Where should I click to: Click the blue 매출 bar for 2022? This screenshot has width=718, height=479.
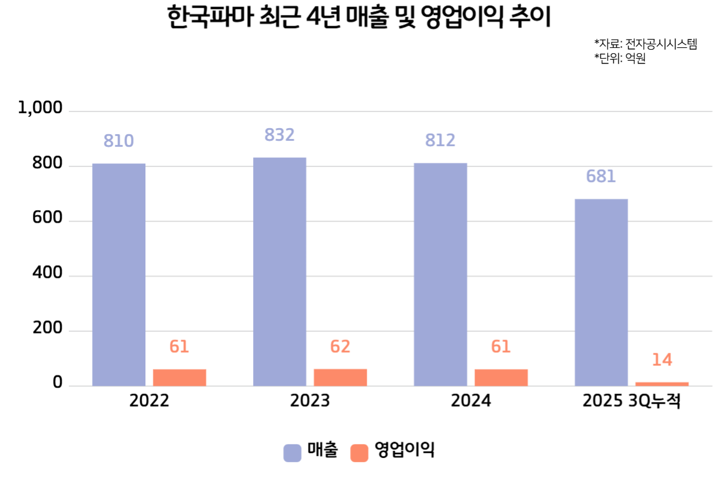(x=119, y=275)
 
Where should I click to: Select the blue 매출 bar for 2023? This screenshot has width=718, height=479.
(x=279, y=272)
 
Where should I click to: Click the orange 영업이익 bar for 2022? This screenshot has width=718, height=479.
(x=180, y=378)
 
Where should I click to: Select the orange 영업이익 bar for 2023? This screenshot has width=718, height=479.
(x=340, y=377)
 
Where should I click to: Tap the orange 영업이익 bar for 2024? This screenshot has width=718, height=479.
(x=501, y=378)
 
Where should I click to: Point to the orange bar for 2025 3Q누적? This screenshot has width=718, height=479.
(x=662, y=384)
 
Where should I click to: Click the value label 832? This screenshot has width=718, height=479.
(x=279, y=135)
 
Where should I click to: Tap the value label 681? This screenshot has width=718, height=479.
(x=601, y=177)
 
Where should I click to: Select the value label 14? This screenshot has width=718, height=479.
(x=662, y=360)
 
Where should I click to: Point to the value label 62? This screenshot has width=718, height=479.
(x=340, y=347)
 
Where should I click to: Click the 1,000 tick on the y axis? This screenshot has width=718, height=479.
(x=41, y=108)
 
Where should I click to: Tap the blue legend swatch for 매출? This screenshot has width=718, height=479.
(x=292, y=453)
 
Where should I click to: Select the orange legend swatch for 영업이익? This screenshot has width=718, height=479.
(x=359, y=453)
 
